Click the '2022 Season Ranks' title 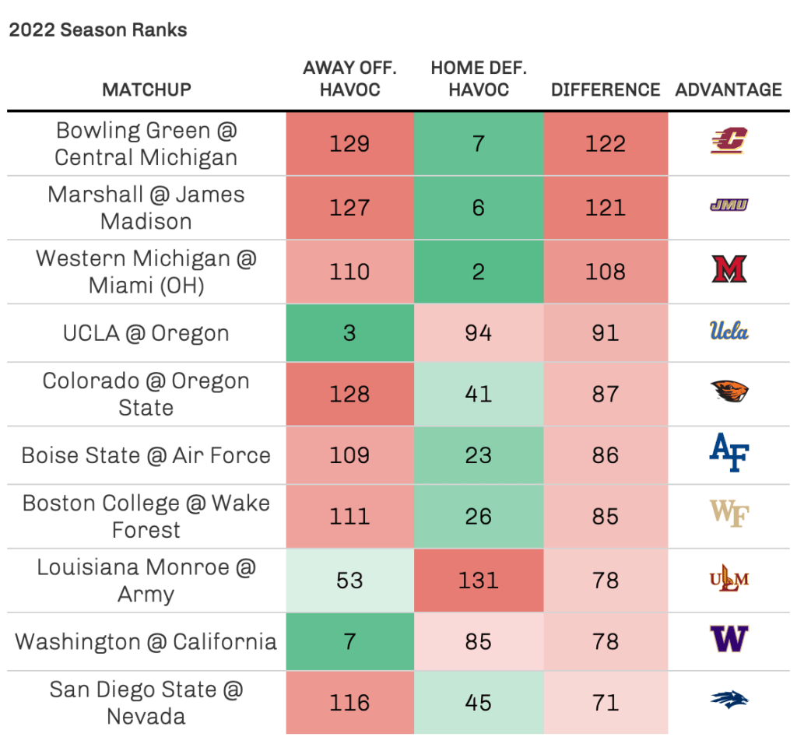(x=98, y=31)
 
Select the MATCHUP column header (x=146, y=89)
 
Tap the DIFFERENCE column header (x=606, y=89)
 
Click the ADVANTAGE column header (x=729, y=89)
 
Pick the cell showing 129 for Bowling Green (x=349, y=144)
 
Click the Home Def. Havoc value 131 (x=478, y=581)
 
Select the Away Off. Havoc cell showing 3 (x=349, y=333)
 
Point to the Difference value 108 (x=606, y=272)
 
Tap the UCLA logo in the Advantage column (x=729, y=332)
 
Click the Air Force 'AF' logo (x=729, y=455)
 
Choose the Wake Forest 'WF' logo (x=729, y=514)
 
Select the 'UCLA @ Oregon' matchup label (x=146, y=333)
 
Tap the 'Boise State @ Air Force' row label (x=146, y=455)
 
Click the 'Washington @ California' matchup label (x=146, y=641)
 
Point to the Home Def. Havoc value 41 (x=478, y=394)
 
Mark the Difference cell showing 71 (x=606, y=703)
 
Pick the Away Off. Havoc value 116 (x=349, y=703)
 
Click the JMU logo (x=729, y=205)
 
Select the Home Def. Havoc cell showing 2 (x=478, y=272)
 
